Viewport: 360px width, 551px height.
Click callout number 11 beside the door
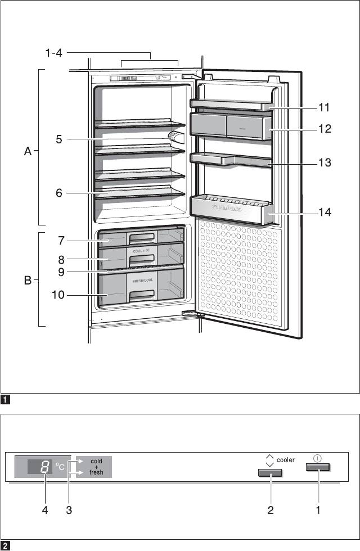tap(323, 106)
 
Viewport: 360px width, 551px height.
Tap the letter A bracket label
tap(28, 151)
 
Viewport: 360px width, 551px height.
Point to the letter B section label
tap(28, 280)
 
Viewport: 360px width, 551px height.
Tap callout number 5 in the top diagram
tap(58, 139)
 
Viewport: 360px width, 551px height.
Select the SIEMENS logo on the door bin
tap(227, 207)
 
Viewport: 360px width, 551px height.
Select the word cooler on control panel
tap(286, 460)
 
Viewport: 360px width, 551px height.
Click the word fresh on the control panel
tap(96, 473)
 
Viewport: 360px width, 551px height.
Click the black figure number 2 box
tap(5, 545)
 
